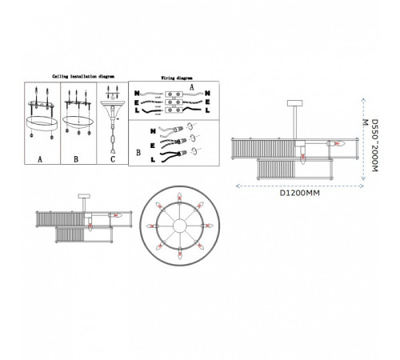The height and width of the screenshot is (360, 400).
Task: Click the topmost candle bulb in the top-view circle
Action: pos(179,197)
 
